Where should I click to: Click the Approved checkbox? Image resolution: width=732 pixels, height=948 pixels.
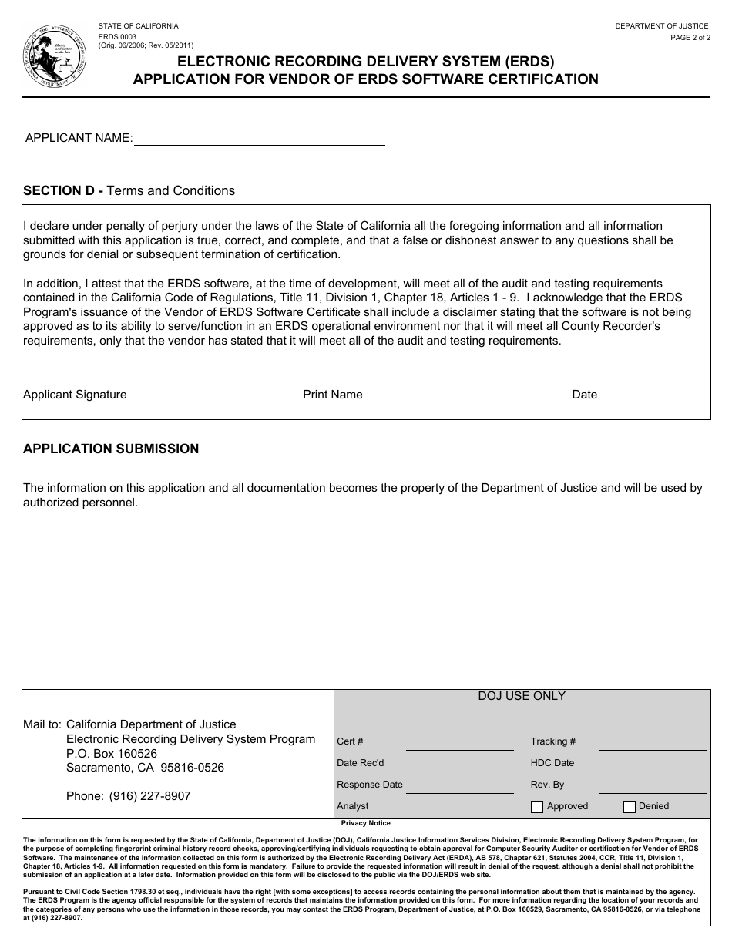(x=537, y=807)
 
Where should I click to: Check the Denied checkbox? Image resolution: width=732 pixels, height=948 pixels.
(x=630, y=807)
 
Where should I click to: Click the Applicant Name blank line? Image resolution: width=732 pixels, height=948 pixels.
(x=259, y=139)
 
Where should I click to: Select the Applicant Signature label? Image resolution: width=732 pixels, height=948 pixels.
(x=75, y=395)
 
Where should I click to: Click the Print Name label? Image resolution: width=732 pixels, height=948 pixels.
(x=332, y=395)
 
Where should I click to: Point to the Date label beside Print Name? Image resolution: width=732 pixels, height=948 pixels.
(x=584, y=395)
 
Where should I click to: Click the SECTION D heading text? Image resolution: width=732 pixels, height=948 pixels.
(x=129, y=190)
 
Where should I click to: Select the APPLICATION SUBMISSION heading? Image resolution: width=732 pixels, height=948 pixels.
(x=111, y=449)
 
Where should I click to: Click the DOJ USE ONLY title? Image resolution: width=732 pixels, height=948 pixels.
(x=522, y=696)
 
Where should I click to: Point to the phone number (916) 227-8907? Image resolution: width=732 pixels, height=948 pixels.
(x=149, y=796)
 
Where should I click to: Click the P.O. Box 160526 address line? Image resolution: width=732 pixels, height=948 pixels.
(x=112, y=754)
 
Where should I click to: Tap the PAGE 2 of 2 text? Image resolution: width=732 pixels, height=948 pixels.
(x=690, y=37)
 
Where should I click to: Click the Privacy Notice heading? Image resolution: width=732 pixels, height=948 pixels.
(x=365, y=824)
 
